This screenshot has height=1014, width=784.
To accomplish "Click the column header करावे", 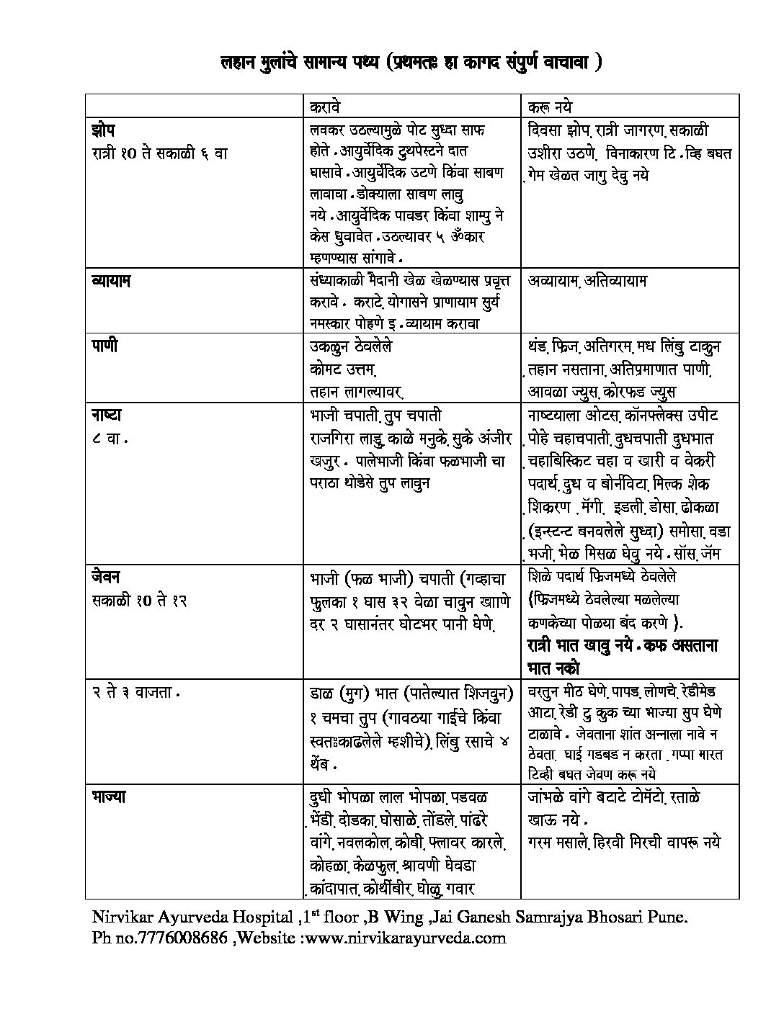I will tap(324, 106).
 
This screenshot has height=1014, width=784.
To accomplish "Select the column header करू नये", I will tap(550, 106).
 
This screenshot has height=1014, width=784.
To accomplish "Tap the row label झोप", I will tap(104, 131).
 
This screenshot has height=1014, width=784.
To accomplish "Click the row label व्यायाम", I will tap(111, 280).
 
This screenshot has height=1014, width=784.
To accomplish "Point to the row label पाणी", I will tap(104, 346).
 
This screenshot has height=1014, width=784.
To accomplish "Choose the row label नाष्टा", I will tap(106, 416).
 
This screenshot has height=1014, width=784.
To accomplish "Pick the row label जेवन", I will tap(106, 577).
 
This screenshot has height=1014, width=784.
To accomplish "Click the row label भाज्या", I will tap(110, 797).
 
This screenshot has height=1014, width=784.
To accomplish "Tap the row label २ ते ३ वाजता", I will tap(135, 693).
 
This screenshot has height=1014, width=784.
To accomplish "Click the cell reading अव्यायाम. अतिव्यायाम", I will tap(587, 280).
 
